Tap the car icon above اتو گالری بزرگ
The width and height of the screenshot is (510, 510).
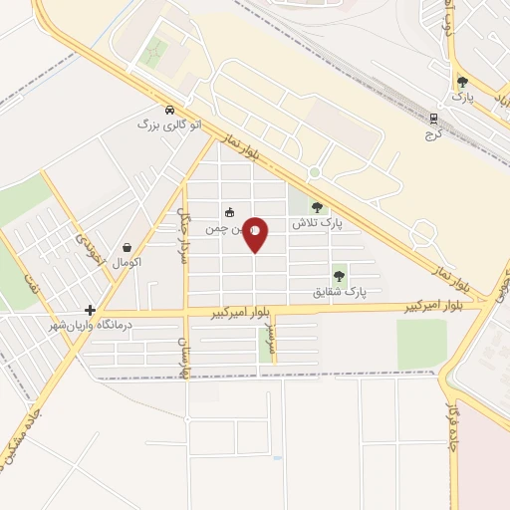click(x=169, y=110)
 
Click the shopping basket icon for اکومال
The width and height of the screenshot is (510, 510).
click(x=127, y=247)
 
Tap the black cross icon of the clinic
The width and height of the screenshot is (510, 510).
click(x=90, y=310)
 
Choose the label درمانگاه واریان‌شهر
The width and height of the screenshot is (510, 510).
click(x=98, y=325)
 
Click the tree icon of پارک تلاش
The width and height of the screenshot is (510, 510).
click(x=317, y=208)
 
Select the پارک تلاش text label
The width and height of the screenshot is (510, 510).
click(x=317, y=224)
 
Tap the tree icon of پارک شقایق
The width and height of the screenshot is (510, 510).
click(x=339, y=276)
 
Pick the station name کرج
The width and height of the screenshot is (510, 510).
click(x=432, y=131)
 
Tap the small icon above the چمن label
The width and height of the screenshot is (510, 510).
click(x=229, y=212)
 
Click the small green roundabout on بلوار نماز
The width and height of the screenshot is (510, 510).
click(x=314, y=172)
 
